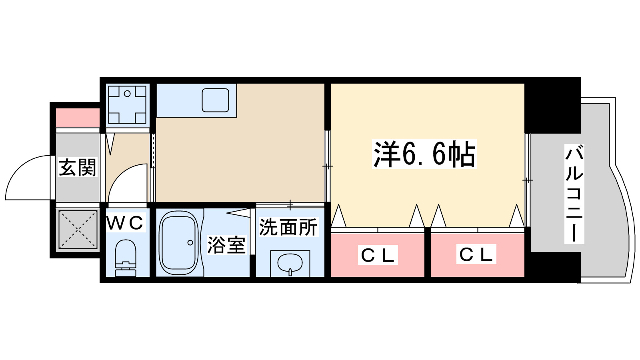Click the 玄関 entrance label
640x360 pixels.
(78, 168)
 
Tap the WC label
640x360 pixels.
(125, 223)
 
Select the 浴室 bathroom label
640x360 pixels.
(226, 245)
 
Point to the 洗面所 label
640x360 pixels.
(288, 227)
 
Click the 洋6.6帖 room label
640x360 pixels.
(424, 154)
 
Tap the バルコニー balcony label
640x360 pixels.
(574, 194)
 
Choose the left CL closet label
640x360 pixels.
(378, 255)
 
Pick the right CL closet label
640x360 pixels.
(476, 254)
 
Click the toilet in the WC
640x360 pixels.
(126, 258)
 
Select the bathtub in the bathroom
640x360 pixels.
(178, 243)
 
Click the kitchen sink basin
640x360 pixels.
(215, 100)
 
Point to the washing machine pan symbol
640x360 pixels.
(127, 105)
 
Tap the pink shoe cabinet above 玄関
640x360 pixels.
(78, 118)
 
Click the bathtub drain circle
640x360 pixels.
(190, 243)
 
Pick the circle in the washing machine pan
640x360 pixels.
(127, 94)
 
